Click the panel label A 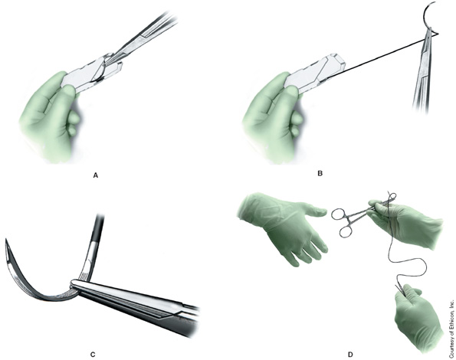pyautogui.click(x=96, y=175)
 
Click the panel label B pyautogui.click(x=320, y=174)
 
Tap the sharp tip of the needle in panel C pyautogui.click(x=6, y=240)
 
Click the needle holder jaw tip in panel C pyautogui.click(x=73, y=283)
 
